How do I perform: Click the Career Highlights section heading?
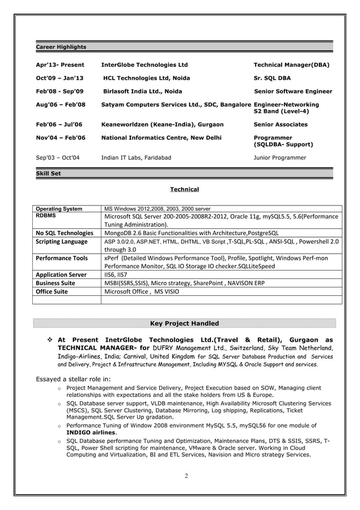[x=61, y=47]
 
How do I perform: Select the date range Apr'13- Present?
[x=60, y=65]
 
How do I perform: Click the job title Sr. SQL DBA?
[x=272, y=78]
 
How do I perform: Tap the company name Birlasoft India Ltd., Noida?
[x=143, y=91]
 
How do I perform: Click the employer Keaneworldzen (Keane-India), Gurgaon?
[x=162, y=124]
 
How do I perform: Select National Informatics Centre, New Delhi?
[x=161, y=138]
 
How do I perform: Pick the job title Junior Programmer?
[x=280, y=158]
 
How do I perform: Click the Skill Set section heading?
[x=49, y=173]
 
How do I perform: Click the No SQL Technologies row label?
[x=64, y=233]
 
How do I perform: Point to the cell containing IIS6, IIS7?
[x=116, y=274]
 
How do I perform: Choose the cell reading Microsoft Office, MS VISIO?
[x=143, y=291]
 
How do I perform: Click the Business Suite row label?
[x=55, y=283]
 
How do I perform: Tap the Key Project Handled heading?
[x=184, y=324]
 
